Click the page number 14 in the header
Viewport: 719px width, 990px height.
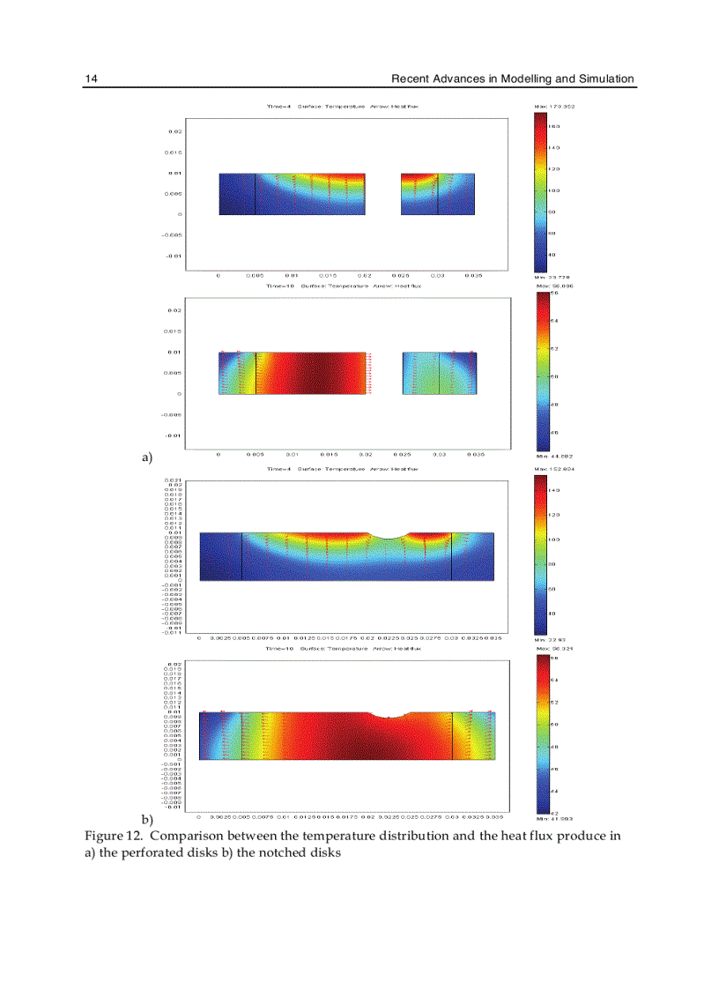tap(90, 79)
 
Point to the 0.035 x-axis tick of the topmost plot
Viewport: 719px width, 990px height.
tap(474, 276)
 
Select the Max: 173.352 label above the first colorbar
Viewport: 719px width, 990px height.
tap(555, 106)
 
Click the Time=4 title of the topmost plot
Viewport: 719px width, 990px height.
tap(279, 106)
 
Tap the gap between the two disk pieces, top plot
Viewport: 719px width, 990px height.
tap(383, 194)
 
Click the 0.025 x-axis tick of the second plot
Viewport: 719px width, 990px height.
tap(400, 455)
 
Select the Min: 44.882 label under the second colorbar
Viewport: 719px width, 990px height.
tap(555, 456)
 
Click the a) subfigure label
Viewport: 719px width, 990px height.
tap(148, 458)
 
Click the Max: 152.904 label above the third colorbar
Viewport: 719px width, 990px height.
tap(555, 469)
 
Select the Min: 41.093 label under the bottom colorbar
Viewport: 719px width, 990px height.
tap(555, 817)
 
